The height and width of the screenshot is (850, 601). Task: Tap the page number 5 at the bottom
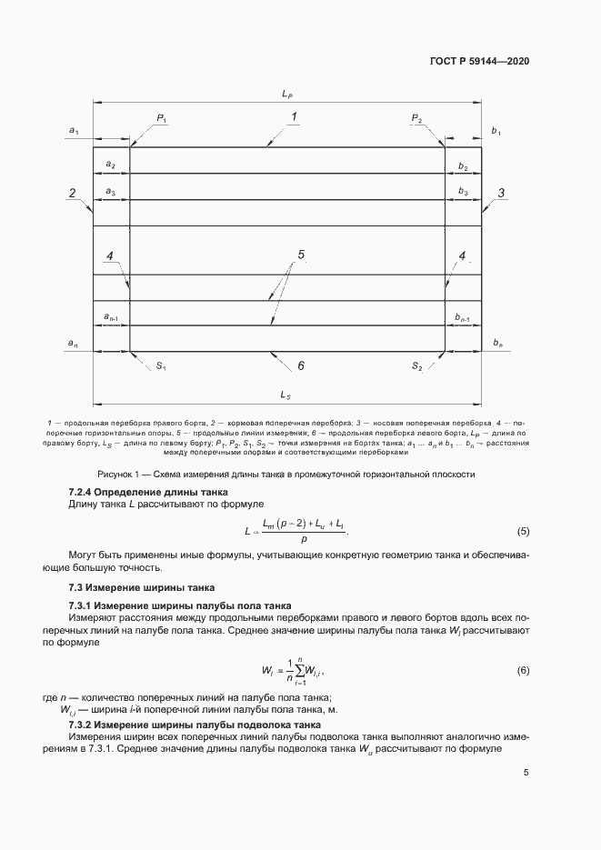coord(526,774)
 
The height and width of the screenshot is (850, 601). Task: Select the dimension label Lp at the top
coord(286,94)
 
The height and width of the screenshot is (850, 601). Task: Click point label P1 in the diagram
coord(162,118)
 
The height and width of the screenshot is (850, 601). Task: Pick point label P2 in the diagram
coord(416,118)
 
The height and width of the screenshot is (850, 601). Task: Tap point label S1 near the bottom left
coord(160,365)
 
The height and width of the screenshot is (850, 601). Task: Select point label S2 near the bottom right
coord(416,365)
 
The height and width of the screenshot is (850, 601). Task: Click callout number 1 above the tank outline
coord(294,116)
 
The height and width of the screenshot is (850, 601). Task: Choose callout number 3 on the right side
coord(501,193)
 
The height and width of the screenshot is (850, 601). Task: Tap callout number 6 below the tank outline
coord(299,365)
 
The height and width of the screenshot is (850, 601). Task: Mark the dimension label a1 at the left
coord(74,132)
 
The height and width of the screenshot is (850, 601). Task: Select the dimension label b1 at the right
coord(496,132)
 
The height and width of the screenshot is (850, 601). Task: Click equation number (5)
coord(523,530)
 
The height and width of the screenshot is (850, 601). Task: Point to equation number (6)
coord(523,670)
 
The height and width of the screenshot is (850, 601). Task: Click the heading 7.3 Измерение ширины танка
coord(130,588)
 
